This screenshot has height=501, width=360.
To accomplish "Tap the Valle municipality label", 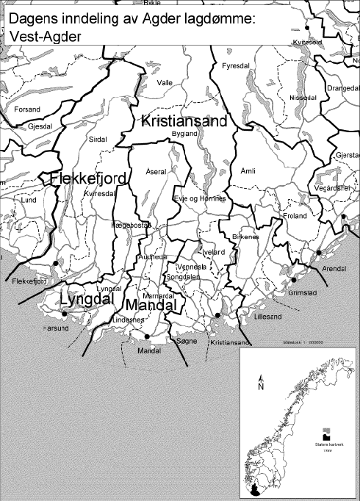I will [x=165, y=83].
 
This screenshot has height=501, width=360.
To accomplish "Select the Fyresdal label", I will [x=235, y=66].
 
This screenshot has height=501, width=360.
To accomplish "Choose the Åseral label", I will [x=157, y=170].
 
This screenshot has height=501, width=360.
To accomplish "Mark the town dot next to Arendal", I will [x=319, y=253].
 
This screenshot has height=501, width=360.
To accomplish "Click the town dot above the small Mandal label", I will [x=148, y=336].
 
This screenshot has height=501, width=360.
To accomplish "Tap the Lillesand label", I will [x=267, y=319].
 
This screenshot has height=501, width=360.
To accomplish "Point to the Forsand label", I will [x=26, y=109].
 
